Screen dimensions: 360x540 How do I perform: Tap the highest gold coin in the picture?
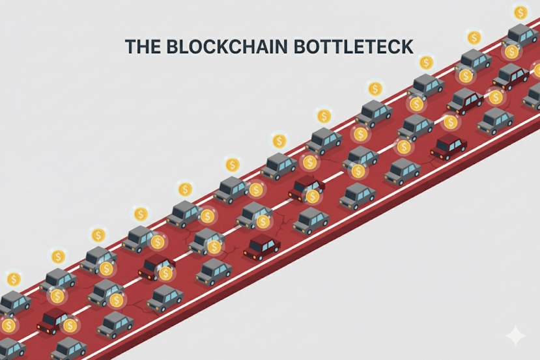[x=520, y=12]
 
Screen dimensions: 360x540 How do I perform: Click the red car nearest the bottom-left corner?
[x=55, y=320]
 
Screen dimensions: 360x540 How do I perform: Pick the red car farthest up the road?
[x=510, y=76]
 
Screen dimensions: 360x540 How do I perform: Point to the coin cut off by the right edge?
[x=537, y=70]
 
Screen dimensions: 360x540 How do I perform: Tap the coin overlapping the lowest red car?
[x=69, y=325]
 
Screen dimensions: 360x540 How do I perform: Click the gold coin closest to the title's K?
[x=426, y=62]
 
